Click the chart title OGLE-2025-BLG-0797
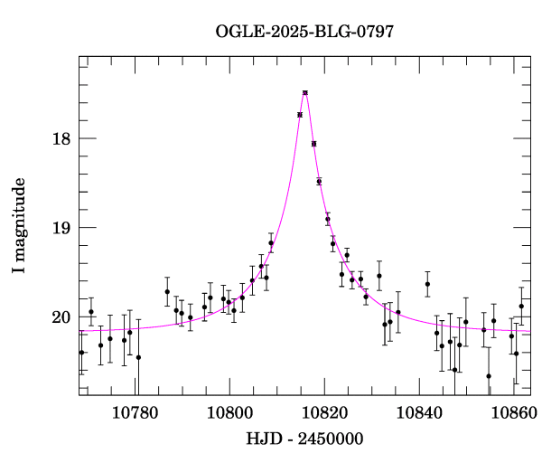click(304, 32)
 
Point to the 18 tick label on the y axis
click(61, 138)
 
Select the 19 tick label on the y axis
click(61, 228)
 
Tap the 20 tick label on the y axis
click(61, 317)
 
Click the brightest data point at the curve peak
click(305, 92)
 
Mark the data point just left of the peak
click(299, 115)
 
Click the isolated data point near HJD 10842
click(427, 284)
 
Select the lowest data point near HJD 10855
click(489, 376)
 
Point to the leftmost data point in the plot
click(81, 353)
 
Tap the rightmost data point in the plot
click(521, 307)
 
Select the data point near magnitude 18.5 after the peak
click(319, 181)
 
